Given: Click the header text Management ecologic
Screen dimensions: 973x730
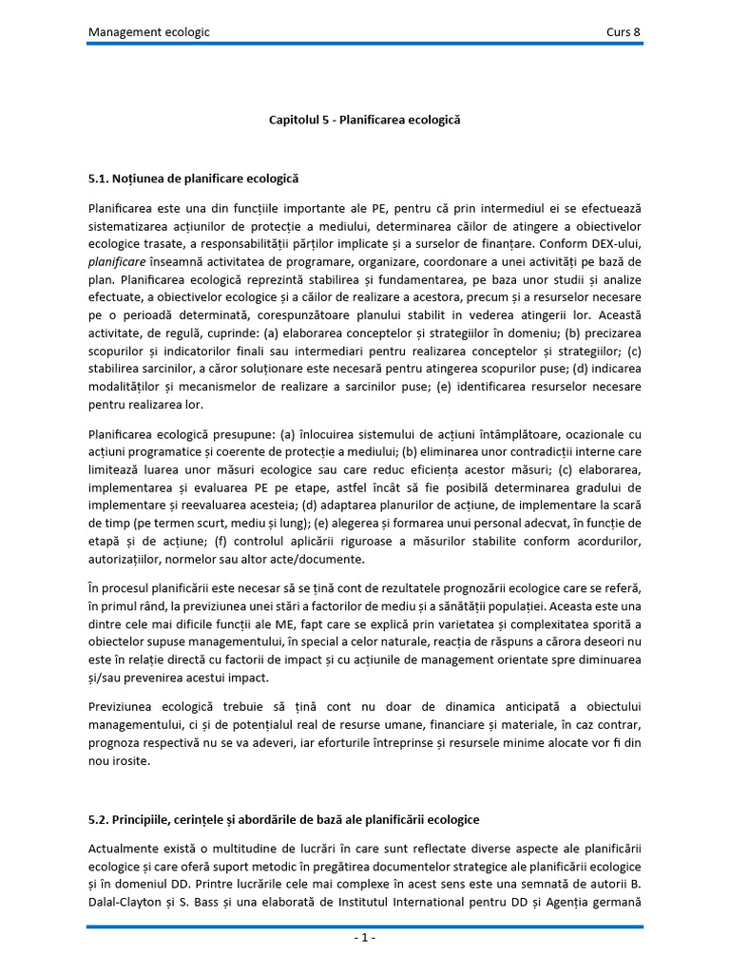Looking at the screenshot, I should coord(149,32).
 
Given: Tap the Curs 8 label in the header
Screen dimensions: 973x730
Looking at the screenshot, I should coord(624,32).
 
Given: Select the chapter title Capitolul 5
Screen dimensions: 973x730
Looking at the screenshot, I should coord(364,121).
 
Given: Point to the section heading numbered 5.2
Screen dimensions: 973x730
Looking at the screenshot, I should coord(284,819).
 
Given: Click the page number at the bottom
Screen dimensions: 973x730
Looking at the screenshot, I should coord(365,938).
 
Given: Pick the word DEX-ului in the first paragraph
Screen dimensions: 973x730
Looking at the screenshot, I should coord(610,242).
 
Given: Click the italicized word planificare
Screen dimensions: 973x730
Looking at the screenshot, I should coord(120,260).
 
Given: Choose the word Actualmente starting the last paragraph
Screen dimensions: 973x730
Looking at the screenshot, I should coord(126,846).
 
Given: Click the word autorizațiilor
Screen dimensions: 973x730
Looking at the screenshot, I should coord(126,559).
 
